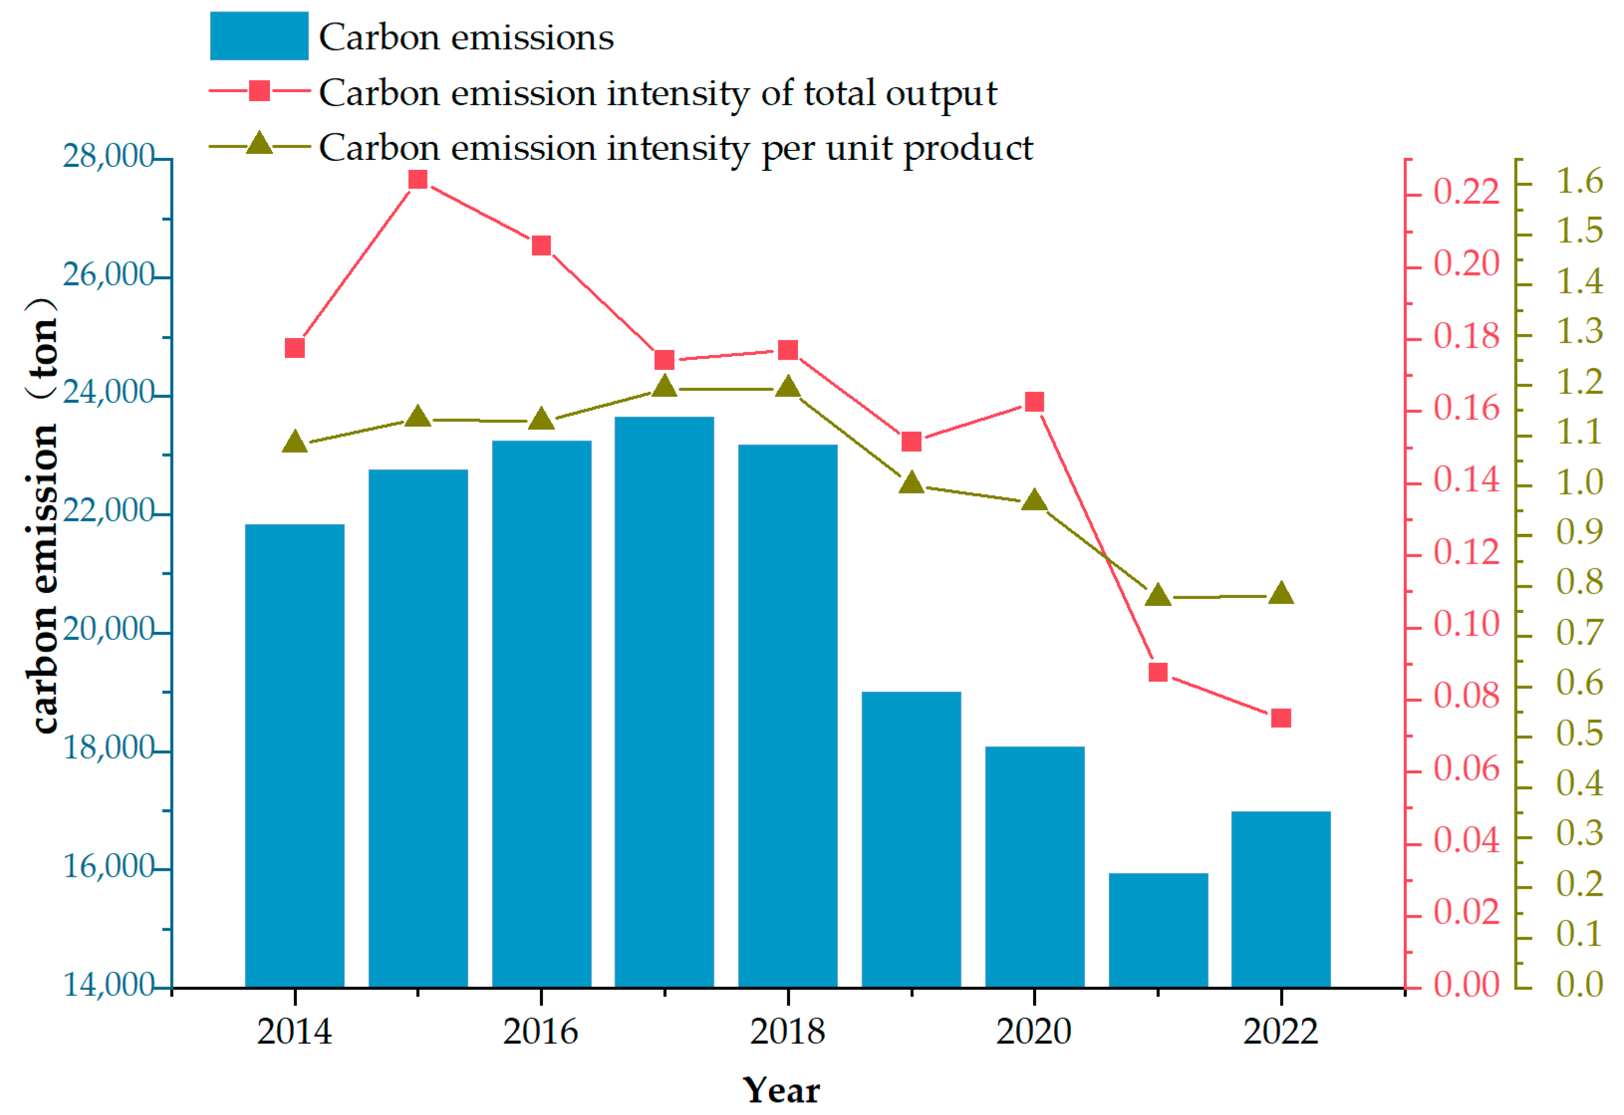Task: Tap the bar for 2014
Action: coord(294,755)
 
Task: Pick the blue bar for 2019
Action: coord(911,839)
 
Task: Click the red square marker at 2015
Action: coord(418,180)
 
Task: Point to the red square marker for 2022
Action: coord(1281,718)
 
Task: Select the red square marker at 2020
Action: coord(1034,402)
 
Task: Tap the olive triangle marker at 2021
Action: coord(1158,595)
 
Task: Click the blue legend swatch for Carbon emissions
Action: coord(259,36)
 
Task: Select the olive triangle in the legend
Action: coord(259,143)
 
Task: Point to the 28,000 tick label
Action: coord(108,156)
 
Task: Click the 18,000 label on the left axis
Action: coord(108,748)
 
